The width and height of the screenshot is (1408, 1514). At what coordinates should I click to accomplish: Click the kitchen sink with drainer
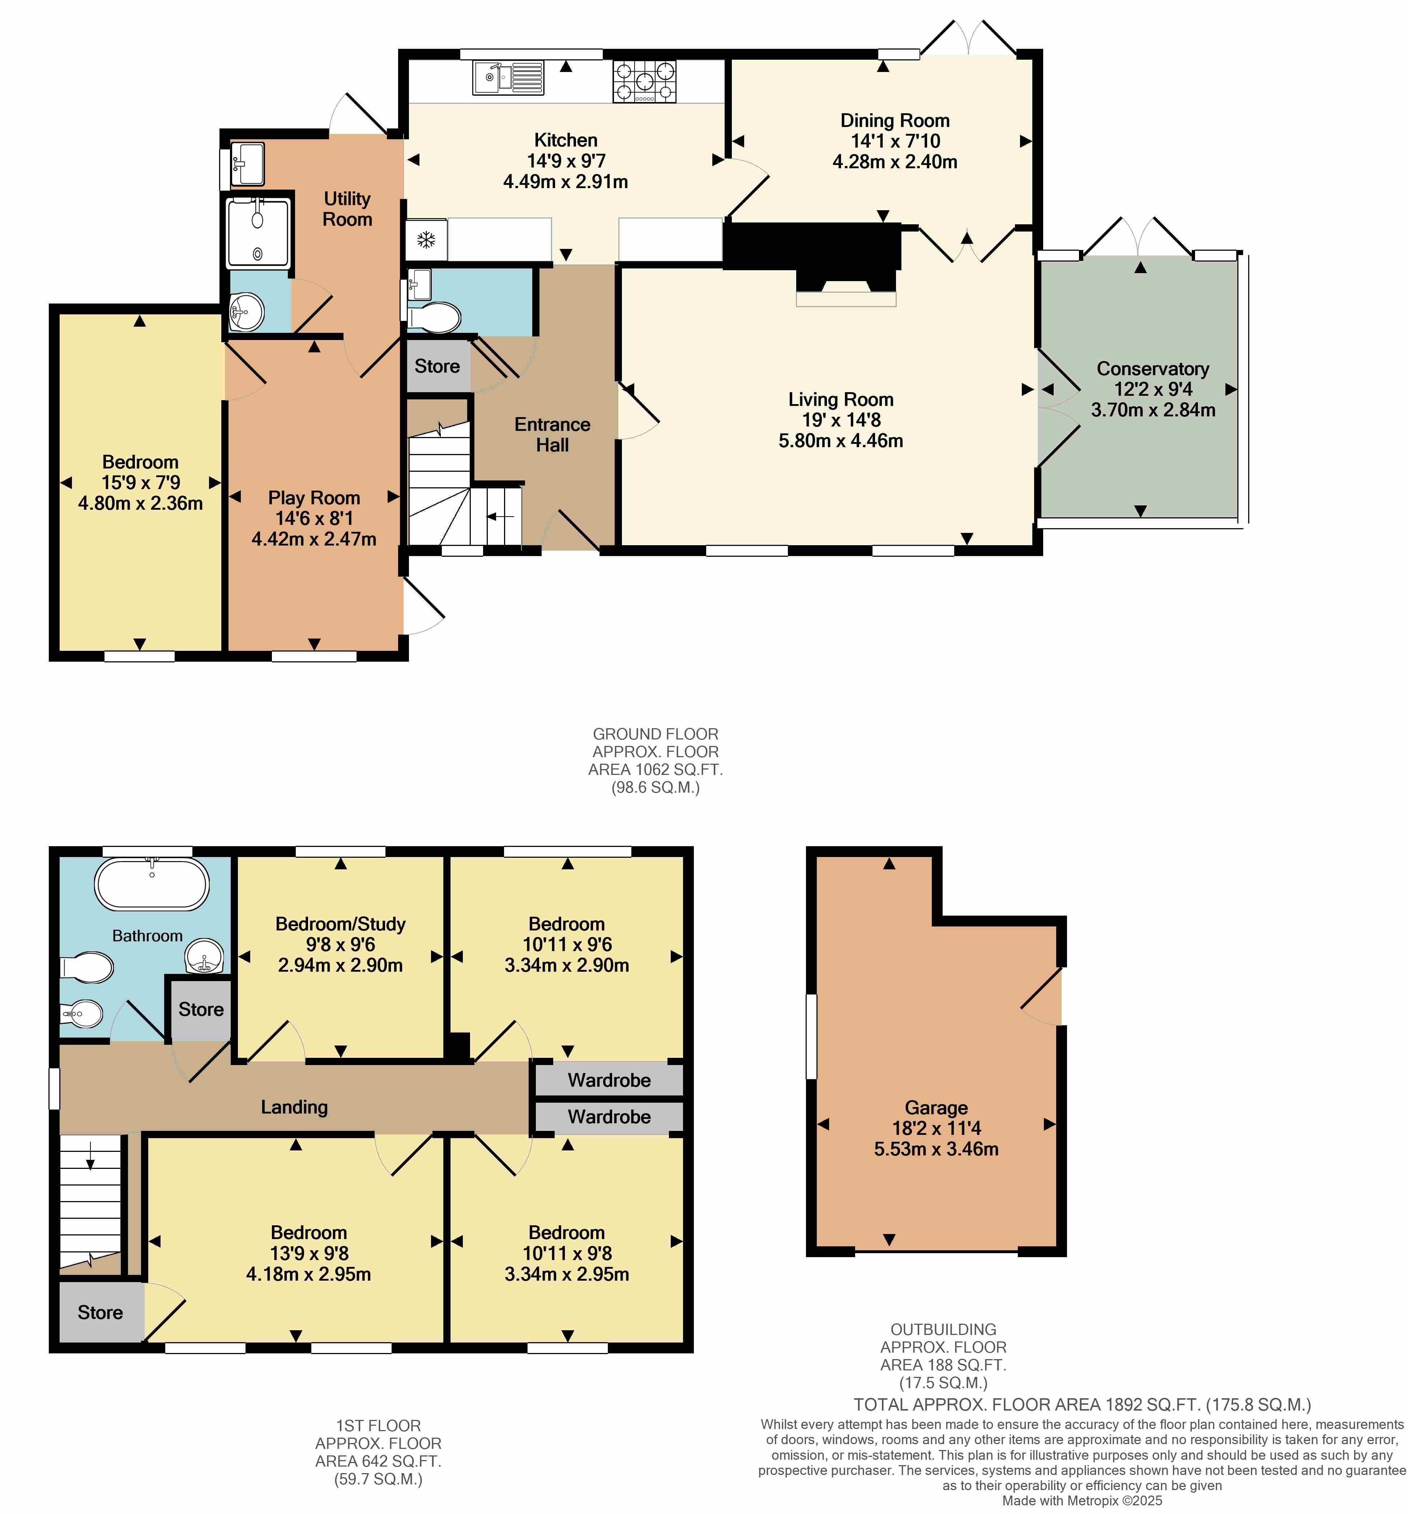[x=508, y=78]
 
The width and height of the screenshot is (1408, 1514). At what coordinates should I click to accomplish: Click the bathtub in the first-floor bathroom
[x=152, y=883]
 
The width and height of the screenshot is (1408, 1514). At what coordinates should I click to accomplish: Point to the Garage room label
[x=936, y=1108]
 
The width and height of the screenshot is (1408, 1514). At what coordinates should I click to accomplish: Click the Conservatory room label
[x=1152, y=369]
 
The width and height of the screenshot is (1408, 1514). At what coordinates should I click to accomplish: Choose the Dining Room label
[x=895, y=120]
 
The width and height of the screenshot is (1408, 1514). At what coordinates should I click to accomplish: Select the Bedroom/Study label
[x=340, y=924]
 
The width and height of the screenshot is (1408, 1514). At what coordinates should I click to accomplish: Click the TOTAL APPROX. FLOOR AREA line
[x=1082, y=1404]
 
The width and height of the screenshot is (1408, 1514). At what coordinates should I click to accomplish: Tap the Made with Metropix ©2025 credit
[x=1082, y=1500]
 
